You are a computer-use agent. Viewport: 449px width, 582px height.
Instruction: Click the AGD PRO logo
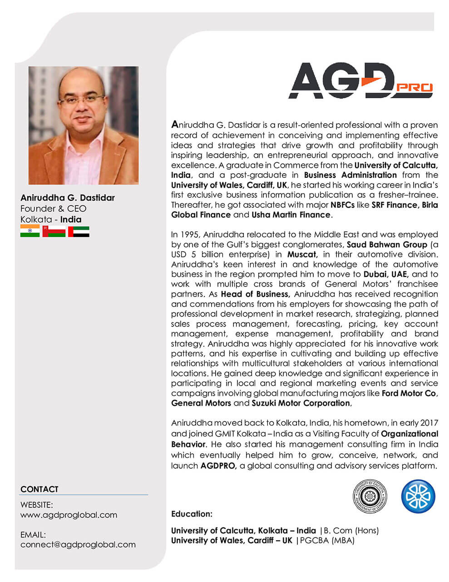(x=361, y=81)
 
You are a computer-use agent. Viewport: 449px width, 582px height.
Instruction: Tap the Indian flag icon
(x=30, y=231)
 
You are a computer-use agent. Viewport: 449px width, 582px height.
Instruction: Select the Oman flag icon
(x=54, y=231)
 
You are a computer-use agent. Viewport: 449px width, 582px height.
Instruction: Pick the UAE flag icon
(x=79, y=231)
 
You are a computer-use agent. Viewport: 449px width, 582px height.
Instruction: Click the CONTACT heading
(x=39, y=489)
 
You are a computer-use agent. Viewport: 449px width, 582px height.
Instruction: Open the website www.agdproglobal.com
(x=69, y=515)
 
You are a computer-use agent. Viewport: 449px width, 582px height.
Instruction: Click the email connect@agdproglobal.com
(x=78, y=544)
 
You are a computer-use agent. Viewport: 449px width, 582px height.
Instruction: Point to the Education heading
(x=192, y=514)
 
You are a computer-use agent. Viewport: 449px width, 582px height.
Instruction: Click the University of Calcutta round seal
(x=370, y=495)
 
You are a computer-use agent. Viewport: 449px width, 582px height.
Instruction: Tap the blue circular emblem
(x=418, y=495)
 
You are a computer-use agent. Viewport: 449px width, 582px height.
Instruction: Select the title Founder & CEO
(x=53, y=209)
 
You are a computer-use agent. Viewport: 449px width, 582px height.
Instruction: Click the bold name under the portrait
(x=67, y=198)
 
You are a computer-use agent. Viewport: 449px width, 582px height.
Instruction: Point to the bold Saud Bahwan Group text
(x=387, y=245)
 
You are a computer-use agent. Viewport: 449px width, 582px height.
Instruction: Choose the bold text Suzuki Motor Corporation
(x=301, y=403)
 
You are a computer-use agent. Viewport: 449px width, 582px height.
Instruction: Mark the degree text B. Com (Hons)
(x=352, y=530)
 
